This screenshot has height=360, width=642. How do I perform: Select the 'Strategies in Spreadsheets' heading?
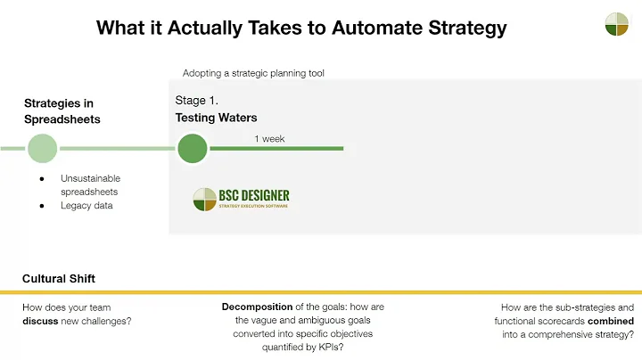click(62, 111)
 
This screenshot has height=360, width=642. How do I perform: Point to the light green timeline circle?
click(42, 148)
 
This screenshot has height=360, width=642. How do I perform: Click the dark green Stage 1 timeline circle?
click(192, 148)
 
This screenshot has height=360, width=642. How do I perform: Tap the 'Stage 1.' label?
click(197, 101)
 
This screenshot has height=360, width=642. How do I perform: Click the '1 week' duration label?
click(269, 139)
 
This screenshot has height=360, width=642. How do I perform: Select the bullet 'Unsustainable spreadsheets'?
click(90, 184)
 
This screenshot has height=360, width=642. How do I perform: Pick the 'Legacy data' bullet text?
click(88, 206)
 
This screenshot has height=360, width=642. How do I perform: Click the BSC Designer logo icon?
click(205, 199)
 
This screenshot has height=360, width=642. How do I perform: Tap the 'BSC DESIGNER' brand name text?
click(254, 195)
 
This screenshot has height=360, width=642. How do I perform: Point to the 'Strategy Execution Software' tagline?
click(254, 208)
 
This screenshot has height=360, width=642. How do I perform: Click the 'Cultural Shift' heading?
click(59, 279)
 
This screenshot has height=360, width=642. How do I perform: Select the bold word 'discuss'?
click(42, 321)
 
